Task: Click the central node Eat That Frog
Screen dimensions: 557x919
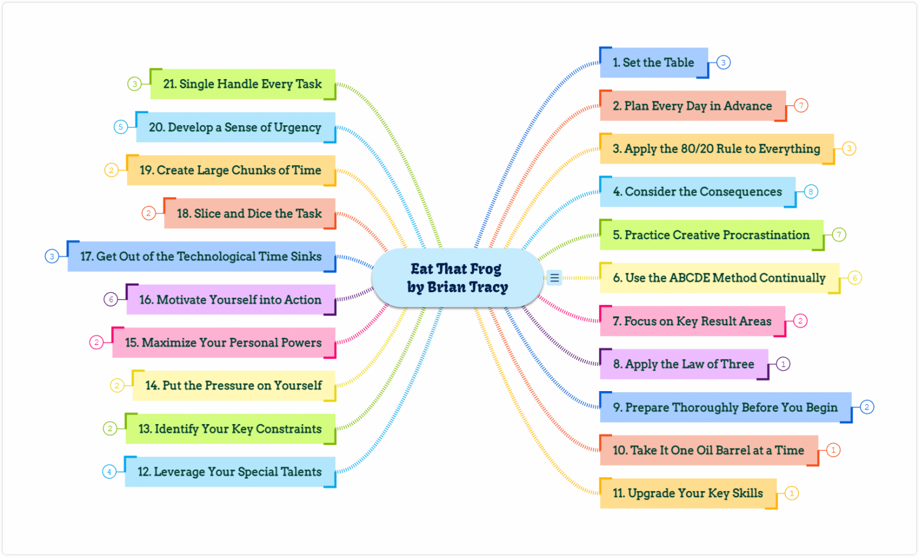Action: pos(457,278)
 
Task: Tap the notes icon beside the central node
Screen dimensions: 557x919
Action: pos(554,278)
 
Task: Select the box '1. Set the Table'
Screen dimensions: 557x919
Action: pos(653,63)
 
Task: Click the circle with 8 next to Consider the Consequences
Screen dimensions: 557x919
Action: pos(811,192)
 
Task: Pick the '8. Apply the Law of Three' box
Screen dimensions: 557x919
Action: pos(683,364)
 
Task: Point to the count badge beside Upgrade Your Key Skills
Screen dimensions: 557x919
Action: pos(792,494)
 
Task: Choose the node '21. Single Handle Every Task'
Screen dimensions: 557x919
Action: pos(242,84)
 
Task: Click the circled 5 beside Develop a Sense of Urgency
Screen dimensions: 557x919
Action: pos(121,127)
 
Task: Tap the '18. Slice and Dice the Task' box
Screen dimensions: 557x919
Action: pos(249,214)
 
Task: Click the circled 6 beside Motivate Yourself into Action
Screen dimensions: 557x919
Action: pos(111,299)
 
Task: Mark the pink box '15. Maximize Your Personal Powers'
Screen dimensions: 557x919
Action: pos(223,343)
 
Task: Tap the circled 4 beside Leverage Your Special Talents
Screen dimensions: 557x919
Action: pos(109,472)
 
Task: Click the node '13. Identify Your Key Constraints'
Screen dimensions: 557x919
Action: pos(230,429)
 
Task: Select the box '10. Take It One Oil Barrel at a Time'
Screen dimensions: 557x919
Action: pos(708,450)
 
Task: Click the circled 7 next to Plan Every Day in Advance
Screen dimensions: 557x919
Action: pos(801,105)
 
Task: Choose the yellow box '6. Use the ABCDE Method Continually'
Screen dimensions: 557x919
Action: pos(719,278)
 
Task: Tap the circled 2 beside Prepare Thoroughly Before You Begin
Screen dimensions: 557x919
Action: pos(866,407)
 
